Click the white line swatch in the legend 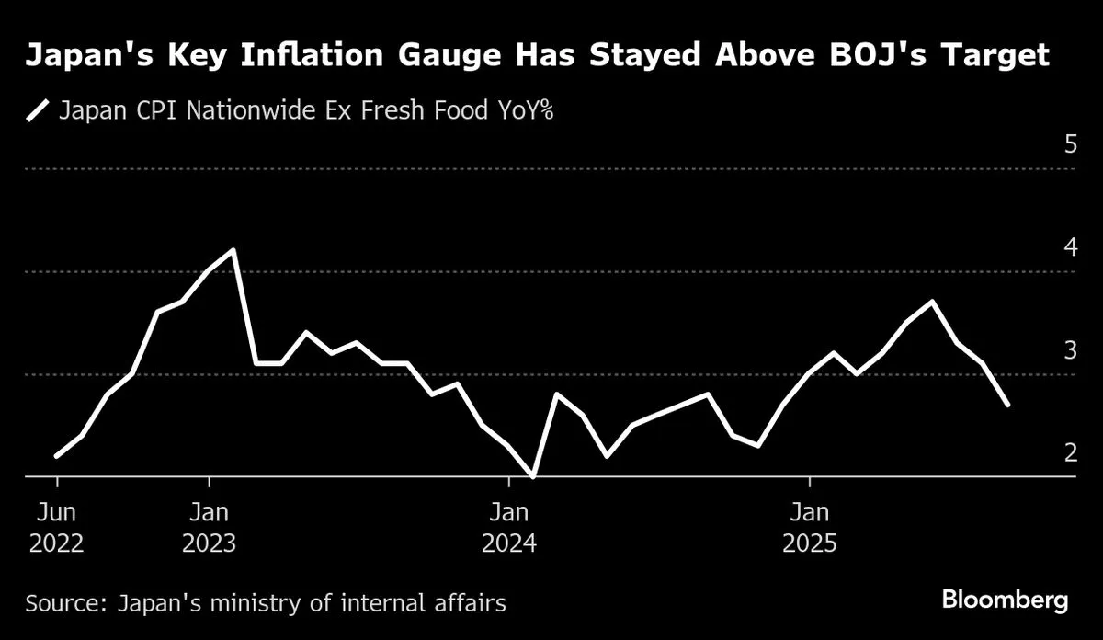click(38, 111)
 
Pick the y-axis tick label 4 click(1070, 247)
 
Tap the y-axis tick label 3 click(1070, 350)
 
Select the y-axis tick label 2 click(1070, 453)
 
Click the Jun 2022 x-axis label click(57, 527)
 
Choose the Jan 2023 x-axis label click(210, 527)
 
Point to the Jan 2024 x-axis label click(509, 527)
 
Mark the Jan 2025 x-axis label click(809, 527)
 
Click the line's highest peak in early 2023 click(233, 250)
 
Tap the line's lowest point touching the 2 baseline click(533, 475)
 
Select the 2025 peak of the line click(933, 302)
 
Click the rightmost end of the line click(1008, 405)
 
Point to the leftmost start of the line click(57, 455)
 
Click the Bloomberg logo click(1005, 601)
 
